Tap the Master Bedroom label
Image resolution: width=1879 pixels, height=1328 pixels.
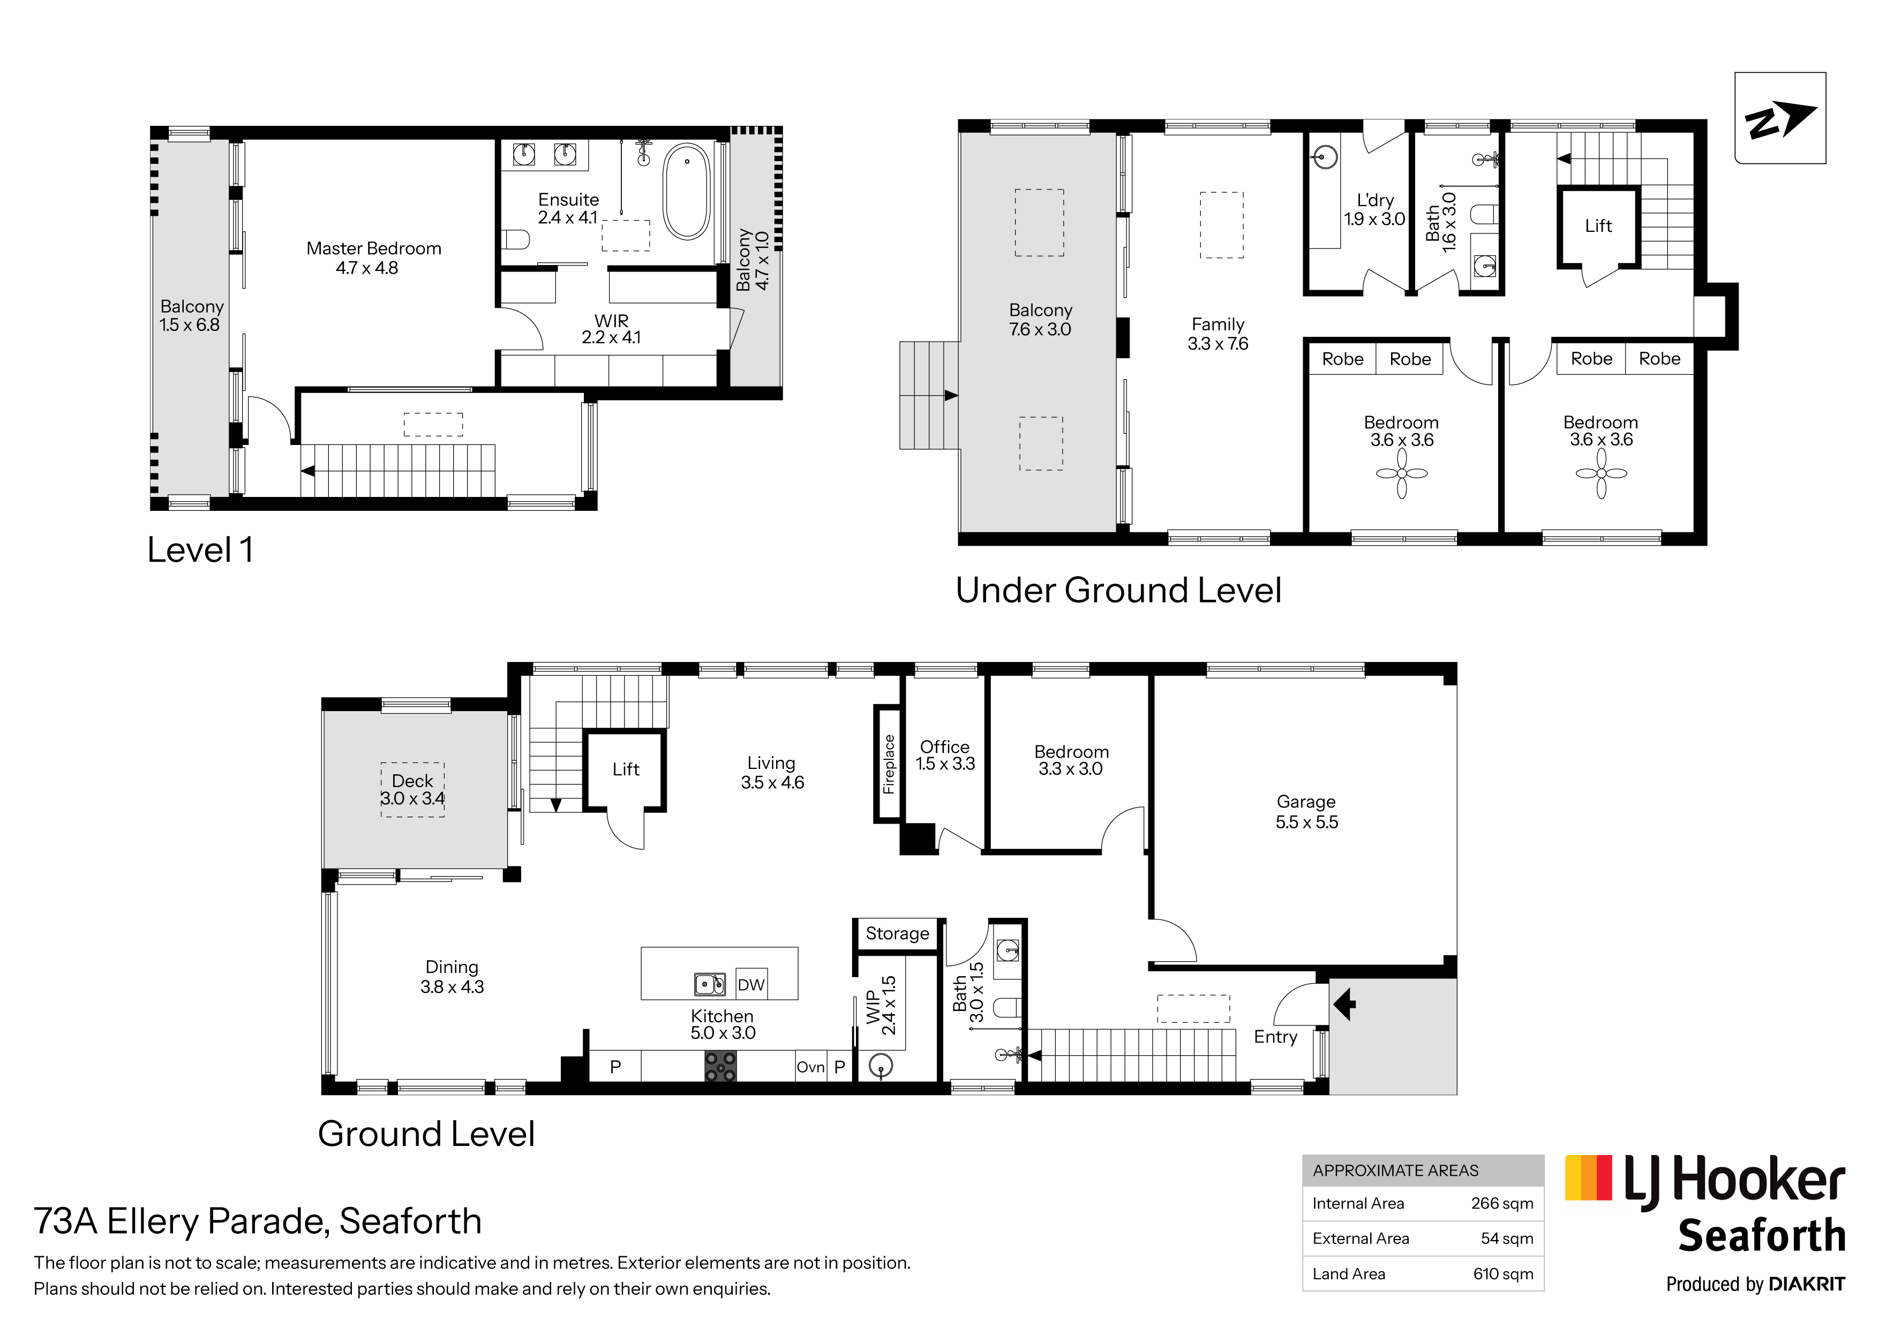(373, 258)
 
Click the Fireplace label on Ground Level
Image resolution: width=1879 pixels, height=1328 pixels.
(889, 764)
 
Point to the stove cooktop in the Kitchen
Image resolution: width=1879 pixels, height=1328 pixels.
(720, 1066)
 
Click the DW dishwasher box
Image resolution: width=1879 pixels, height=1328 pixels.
(751, 984)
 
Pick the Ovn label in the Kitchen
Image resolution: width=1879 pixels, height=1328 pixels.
(810, 1067)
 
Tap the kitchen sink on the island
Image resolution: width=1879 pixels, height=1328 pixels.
(710, 984)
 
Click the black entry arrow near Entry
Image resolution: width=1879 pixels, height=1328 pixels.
(1344, 1004)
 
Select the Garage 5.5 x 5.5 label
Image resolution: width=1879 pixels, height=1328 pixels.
(1306, 812)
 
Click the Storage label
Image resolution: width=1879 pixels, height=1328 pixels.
(897, 933)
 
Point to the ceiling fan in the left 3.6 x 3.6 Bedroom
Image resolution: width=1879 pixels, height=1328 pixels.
(1401, 474)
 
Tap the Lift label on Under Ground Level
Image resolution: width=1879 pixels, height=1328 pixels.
(1598, 226)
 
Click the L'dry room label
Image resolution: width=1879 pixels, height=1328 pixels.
(1375, 209)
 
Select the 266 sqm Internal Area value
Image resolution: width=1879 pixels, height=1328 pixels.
(1502, 1204)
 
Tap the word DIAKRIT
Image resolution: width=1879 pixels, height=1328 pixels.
(1807, 1285)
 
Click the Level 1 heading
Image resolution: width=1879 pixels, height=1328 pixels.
(200, 550)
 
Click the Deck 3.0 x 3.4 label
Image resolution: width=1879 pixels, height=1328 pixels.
(412, 790)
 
